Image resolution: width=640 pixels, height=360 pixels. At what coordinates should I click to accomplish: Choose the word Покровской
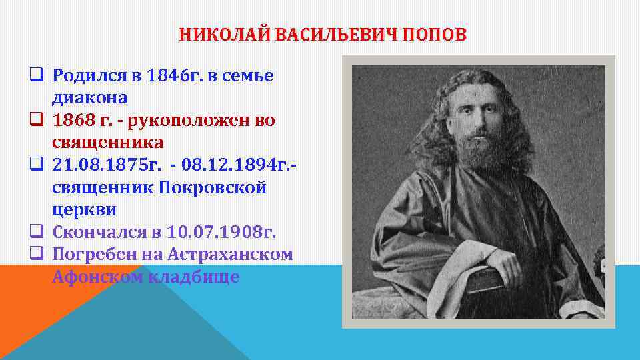click(x=213, y=188)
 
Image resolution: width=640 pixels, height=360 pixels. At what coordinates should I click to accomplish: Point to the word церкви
click(x=84, y=210)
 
